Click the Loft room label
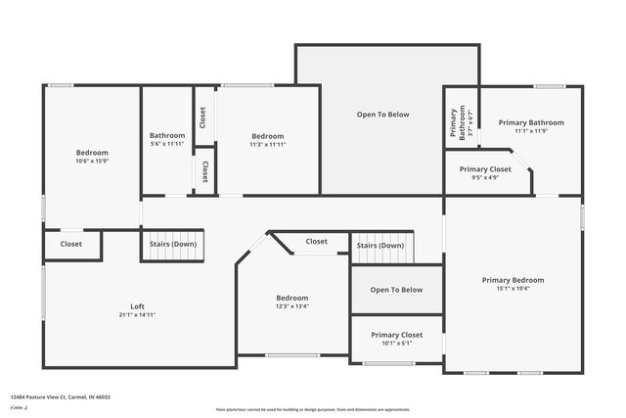coord(138,306)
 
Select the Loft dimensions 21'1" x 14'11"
coord(138,315)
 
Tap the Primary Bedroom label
coord(513,280)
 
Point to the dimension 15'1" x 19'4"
coord(513,289)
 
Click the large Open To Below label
coord(382,115)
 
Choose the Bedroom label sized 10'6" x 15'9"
coord(92,153)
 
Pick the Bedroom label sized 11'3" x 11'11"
coord(267,136)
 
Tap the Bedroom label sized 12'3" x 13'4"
coord(291,298)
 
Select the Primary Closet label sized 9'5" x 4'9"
coord(485,169)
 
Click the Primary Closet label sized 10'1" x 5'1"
coord(396,335)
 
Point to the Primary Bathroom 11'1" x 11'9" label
coord(531,122)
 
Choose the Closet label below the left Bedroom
coord(71,244)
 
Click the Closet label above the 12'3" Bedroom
coord(316,241)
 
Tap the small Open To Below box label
coord(396,290)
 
